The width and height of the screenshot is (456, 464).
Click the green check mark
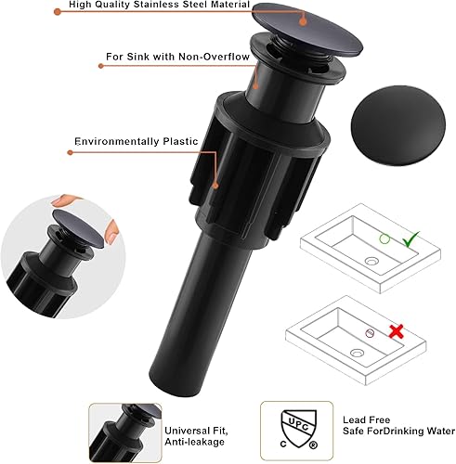[x=412, y=240]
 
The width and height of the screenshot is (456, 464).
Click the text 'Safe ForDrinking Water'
[x=371, y=432]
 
